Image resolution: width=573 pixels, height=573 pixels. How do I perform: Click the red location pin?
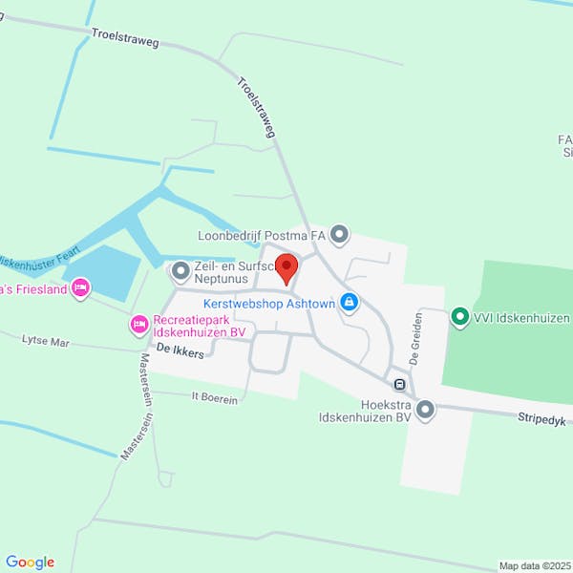point(286,266)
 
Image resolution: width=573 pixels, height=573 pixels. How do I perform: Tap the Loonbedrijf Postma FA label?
point(261,235)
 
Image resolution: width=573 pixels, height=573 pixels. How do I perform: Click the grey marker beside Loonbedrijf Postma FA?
point(340,234)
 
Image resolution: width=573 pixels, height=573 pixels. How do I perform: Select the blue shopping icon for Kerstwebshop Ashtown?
point(350,303)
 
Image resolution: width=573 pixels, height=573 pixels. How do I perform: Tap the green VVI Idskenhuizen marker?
point(459,315)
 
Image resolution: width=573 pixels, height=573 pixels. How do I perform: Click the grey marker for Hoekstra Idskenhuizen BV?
point(425,411)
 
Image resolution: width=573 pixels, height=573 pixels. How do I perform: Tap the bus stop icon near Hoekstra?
point(399,385)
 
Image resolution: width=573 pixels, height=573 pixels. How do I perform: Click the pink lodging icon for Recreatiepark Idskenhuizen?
point(139,327)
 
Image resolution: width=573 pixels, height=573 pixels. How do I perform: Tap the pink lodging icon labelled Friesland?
point(80,287)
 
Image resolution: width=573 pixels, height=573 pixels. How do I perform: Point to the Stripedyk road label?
point(542,418)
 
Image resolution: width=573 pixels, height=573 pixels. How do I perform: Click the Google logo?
point(30,562)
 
